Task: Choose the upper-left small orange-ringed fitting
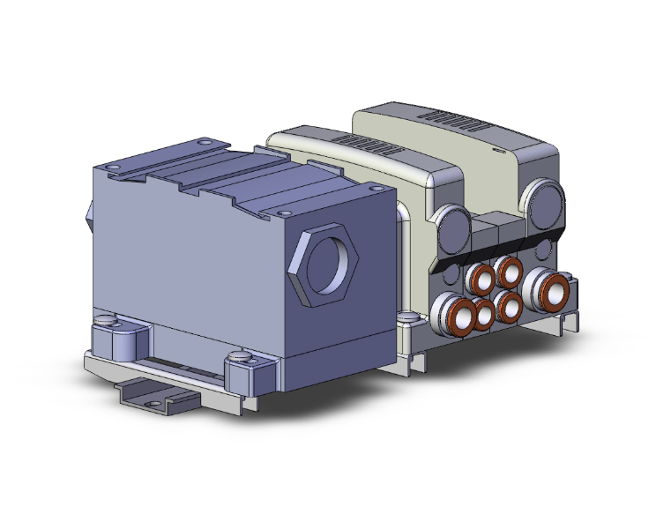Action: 482,280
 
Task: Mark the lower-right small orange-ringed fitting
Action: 510,305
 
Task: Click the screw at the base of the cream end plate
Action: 408,315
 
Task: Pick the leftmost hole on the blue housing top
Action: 112,167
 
